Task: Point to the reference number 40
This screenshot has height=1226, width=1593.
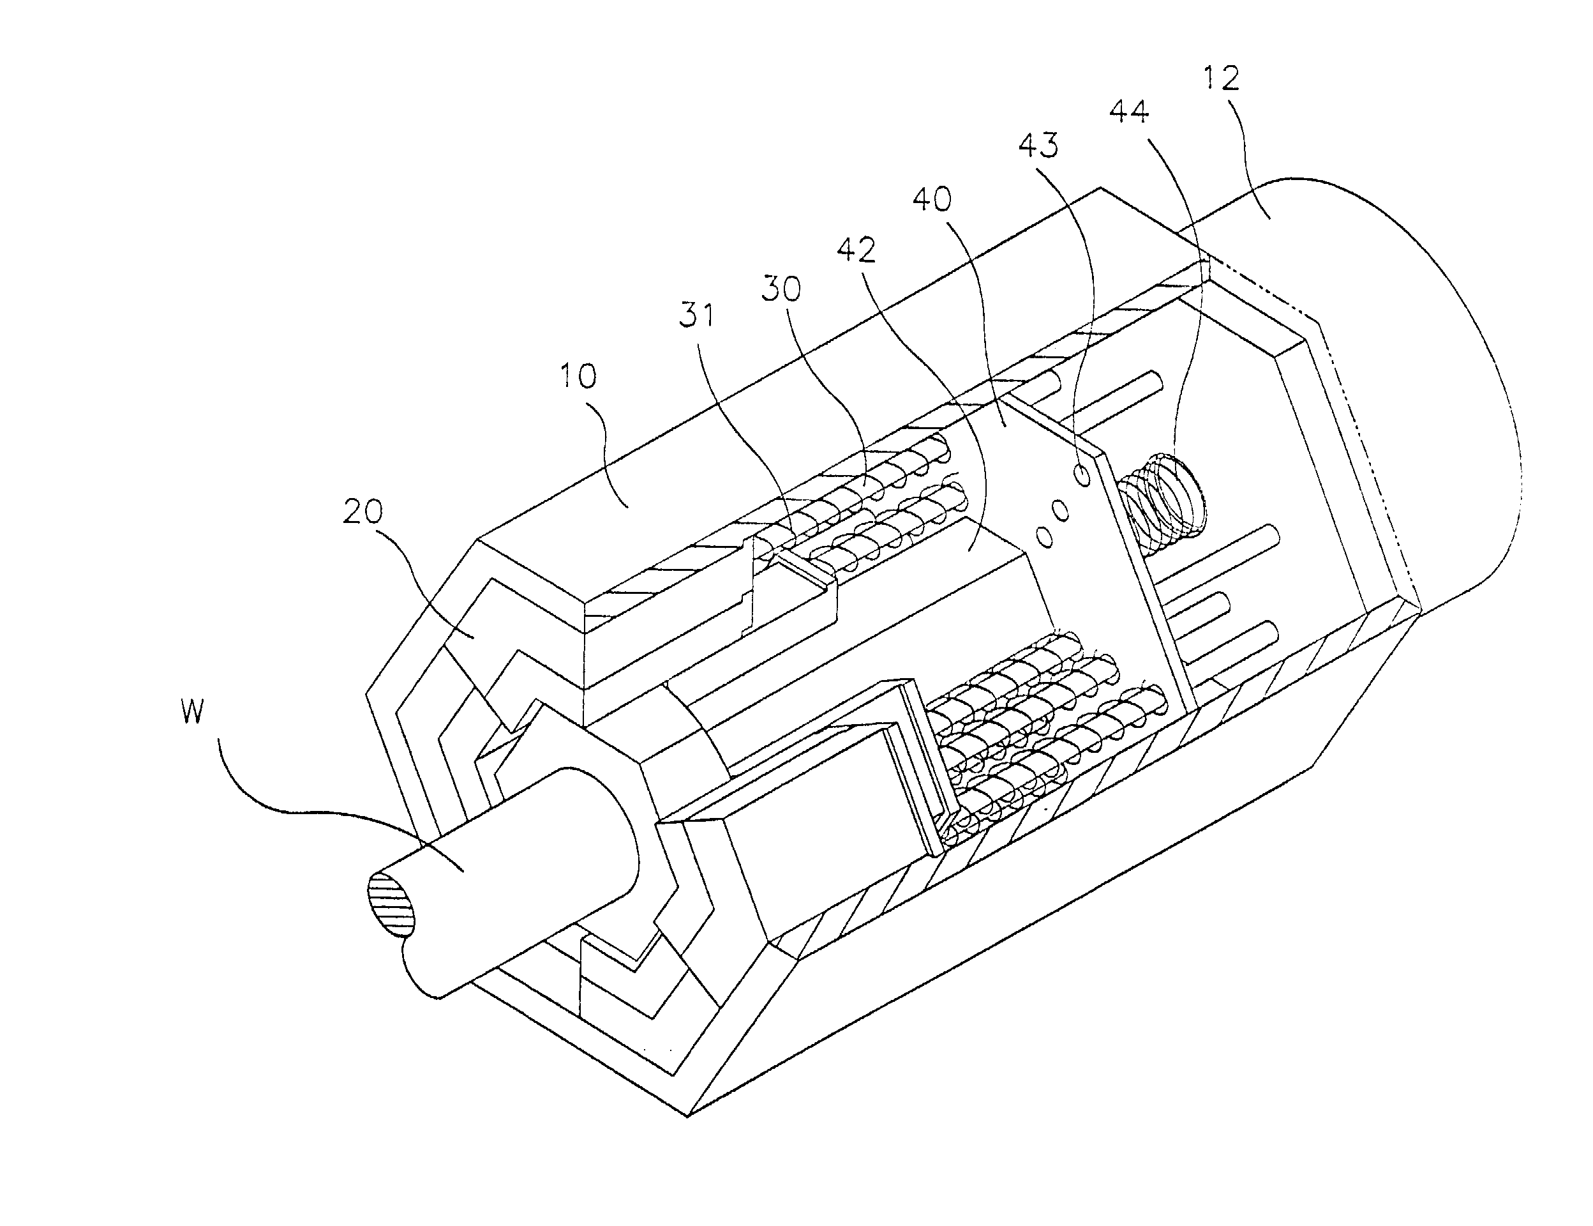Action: pos(932,199)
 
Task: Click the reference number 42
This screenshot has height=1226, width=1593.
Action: pos(856,251)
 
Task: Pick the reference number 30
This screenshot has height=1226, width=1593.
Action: pos(781,290)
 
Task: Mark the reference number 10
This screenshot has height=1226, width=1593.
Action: pos(578,376)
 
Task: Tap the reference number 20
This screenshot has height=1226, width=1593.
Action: pos(363,512)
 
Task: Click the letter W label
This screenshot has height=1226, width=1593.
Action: pos(192,711)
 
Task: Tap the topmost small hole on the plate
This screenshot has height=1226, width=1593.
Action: pos(1083,475)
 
